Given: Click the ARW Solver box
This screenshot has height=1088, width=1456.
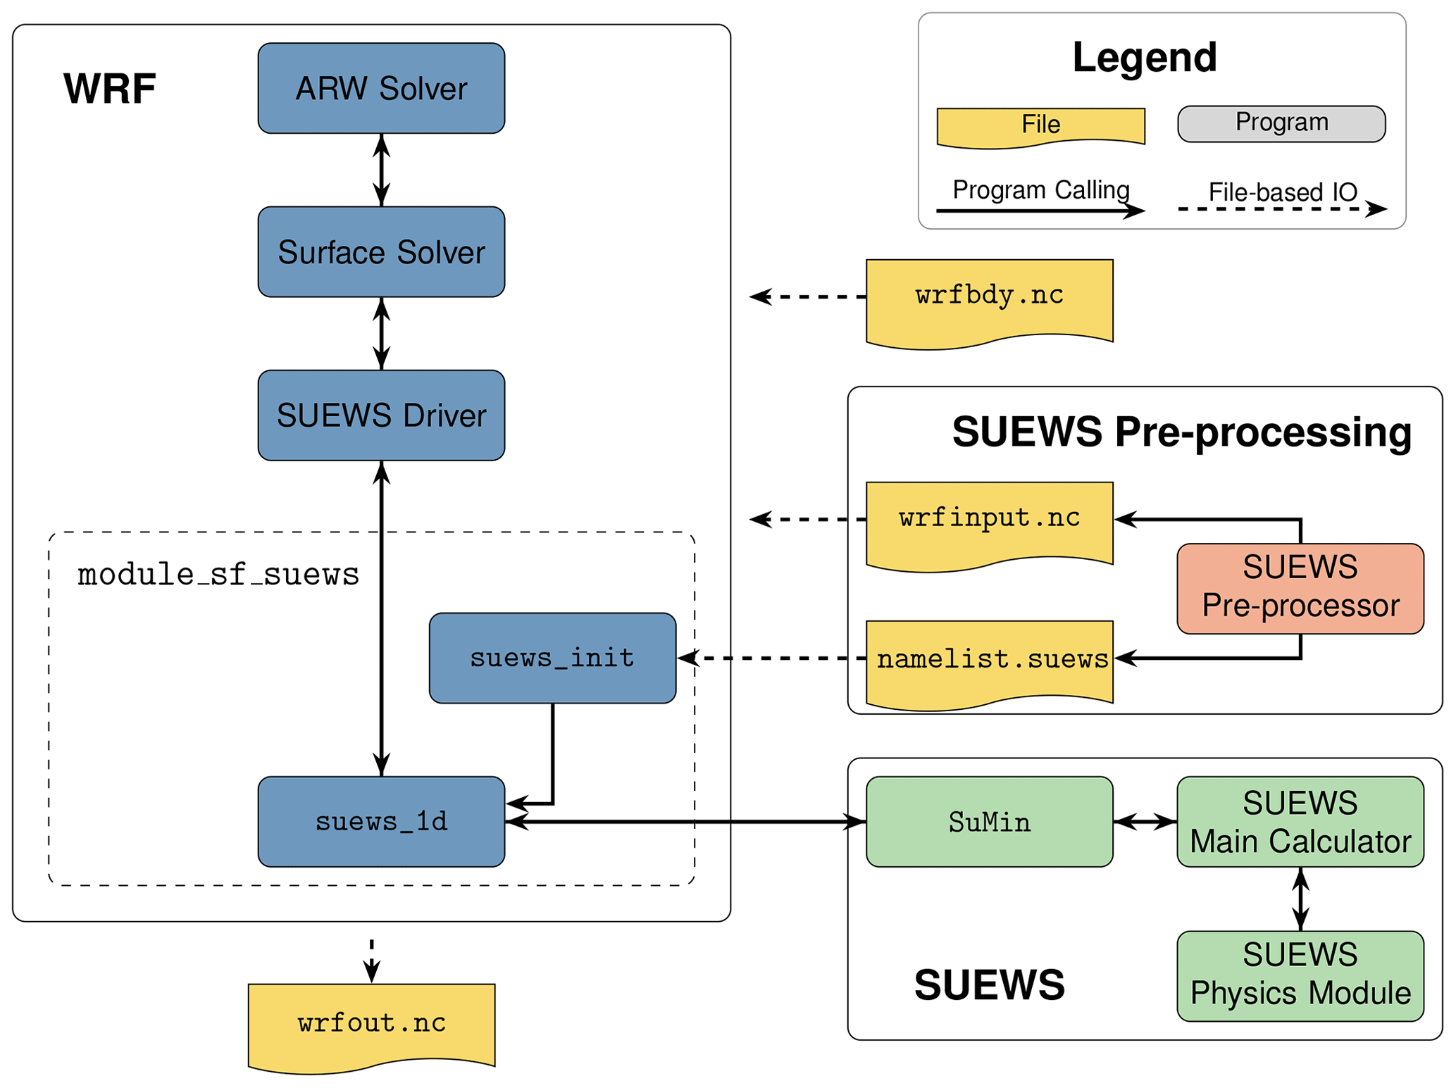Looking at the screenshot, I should (x=381, y=88).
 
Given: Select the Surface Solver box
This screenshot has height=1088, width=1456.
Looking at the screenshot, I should (x=381, y=251).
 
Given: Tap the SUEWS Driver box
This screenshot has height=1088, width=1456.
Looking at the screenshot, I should (x=381, y=415).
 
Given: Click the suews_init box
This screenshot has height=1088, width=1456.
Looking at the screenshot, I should (x=552, y=658).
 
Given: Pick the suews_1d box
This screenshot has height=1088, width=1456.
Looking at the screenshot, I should (x=381, y=821).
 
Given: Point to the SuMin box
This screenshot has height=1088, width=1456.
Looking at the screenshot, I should (x=989, y=821).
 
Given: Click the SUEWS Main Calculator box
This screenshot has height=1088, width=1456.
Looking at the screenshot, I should (x=1300, y=821).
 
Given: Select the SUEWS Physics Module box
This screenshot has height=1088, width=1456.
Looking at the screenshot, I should (x=1300, y=975).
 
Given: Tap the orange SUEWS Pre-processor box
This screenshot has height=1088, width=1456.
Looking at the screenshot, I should (x=1300, y=588).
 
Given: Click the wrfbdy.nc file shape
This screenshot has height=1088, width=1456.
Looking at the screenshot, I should (x=989, y=299).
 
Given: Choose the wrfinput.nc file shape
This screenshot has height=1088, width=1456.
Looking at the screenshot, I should (x=989, y=522).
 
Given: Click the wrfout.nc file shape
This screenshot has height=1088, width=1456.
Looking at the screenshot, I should (x=371, y=1024).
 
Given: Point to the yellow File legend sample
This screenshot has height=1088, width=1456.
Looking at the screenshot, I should (x=1040, y=125).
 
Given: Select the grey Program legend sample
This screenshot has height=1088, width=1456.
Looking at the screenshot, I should (x=1281, y=123).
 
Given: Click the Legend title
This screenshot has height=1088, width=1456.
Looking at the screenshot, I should (x=1144, y=57).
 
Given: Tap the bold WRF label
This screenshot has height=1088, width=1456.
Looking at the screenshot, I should (x=109, y=89).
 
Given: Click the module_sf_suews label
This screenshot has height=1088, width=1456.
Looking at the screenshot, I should (x=218, y=575).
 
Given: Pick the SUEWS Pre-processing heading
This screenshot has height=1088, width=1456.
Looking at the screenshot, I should (x=1181, y=431).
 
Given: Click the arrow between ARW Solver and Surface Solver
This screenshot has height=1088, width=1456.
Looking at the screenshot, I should (x=381, y=170).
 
